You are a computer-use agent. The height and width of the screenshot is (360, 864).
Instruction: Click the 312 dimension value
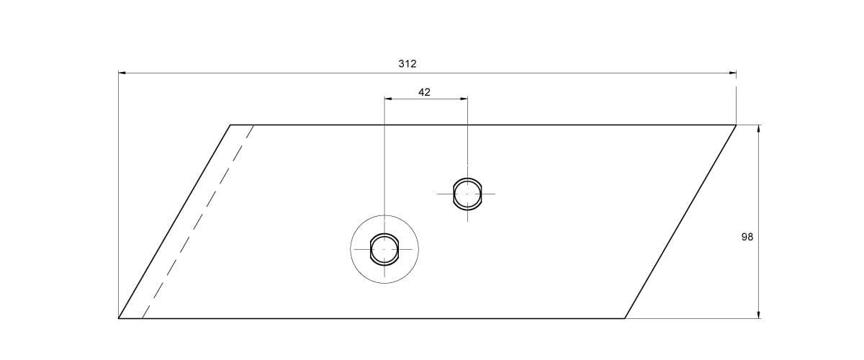tap(408, 63)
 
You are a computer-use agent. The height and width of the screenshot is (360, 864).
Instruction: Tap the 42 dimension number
tap(424, 92)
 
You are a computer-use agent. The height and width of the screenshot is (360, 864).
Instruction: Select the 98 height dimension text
tap(747, 237)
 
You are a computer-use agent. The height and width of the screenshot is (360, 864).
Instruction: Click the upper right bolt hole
tap(467, 194)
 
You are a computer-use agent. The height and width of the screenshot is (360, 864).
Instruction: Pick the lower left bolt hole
tap(384, 249)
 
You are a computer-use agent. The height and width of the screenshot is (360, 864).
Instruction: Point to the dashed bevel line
tap(198, 222)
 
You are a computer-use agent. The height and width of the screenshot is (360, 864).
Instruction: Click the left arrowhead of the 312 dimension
tap(122, 73)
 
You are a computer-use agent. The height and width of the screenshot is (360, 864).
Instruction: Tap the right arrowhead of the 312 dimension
tap(732, 73)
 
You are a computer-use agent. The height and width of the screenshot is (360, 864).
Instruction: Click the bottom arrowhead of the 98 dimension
tap(759, 315)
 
